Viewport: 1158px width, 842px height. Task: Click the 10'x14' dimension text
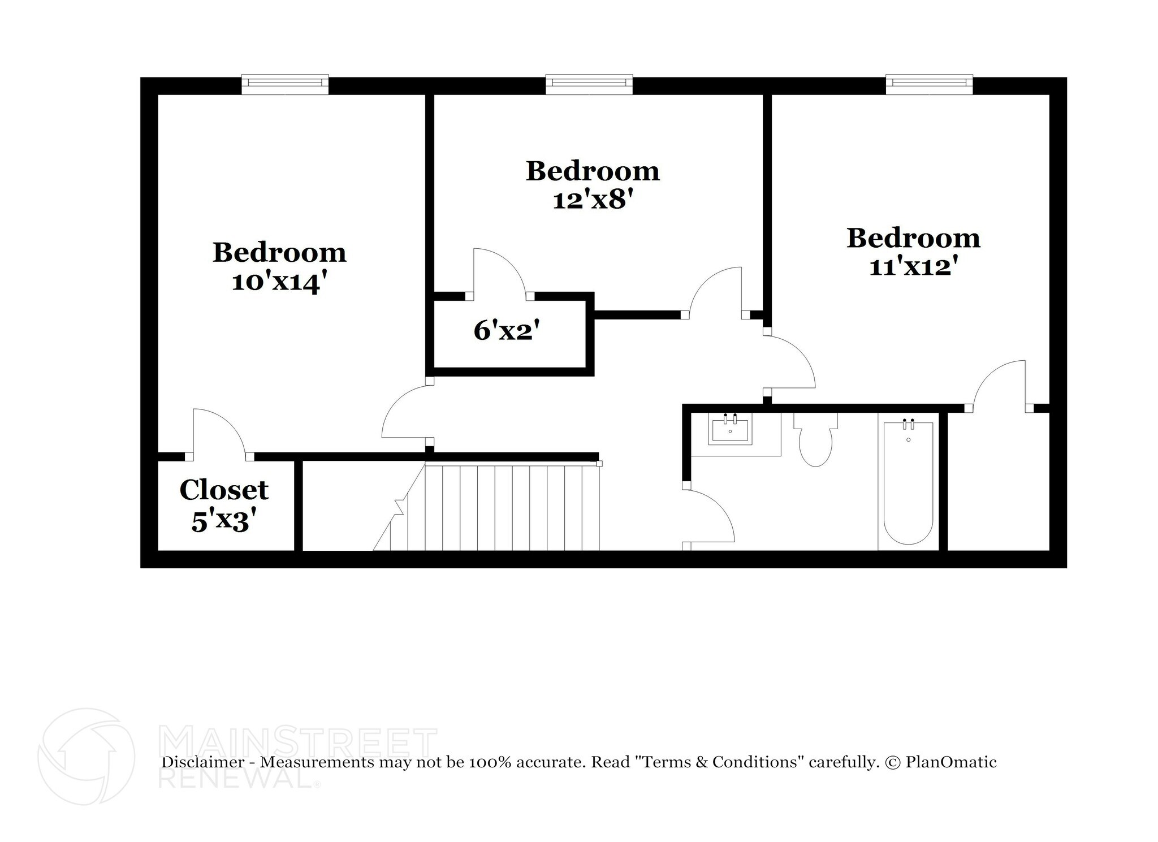click(x=279, y=282)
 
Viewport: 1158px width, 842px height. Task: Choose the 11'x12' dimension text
click(x=913, y=266)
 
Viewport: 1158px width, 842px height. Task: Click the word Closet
click(x=224, y=490)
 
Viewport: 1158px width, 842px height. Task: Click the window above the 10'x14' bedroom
click(x=285, y=84)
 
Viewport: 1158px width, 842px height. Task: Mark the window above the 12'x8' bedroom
click(x=589, y=84)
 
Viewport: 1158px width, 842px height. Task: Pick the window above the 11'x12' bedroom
click(x=929, y=84)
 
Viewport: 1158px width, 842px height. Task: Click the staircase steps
click(x=512, y=507)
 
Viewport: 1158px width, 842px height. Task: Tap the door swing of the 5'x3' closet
click(x=218, y=433)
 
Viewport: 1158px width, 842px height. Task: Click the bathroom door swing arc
click(x=710, y=517)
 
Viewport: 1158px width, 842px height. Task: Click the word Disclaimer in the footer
click(x=203, y=762)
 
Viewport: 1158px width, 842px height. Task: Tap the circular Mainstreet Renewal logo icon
click(x=86, y=757)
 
